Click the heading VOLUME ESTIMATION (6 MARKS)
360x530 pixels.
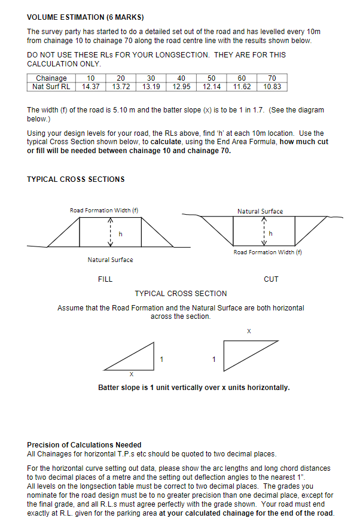(x=85, y=17)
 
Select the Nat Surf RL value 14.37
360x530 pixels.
(x=90, y=87)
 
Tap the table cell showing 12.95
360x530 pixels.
(x=181, y=87)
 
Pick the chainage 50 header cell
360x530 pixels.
(x=212, y=78)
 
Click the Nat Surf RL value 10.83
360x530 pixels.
(x=272, y=87)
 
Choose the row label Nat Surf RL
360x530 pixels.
(x=51, y=87)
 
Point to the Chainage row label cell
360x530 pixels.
(x=51, y=78)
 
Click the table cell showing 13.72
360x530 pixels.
(x=121, y=87)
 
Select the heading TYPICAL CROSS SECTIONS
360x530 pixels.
(x=76, y=179)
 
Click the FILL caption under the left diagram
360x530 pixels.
(x=105, y=279)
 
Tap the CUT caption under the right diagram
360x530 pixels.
(x=271, y=279)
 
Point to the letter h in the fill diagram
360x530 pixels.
(x=120, y=234)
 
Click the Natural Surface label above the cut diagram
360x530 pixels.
(x=260, y=211)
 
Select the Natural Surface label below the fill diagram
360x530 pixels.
(x=111, y=260)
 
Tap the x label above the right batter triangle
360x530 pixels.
(x=249, y=331)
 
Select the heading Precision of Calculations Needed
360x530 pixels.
(x=84, y=445)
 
